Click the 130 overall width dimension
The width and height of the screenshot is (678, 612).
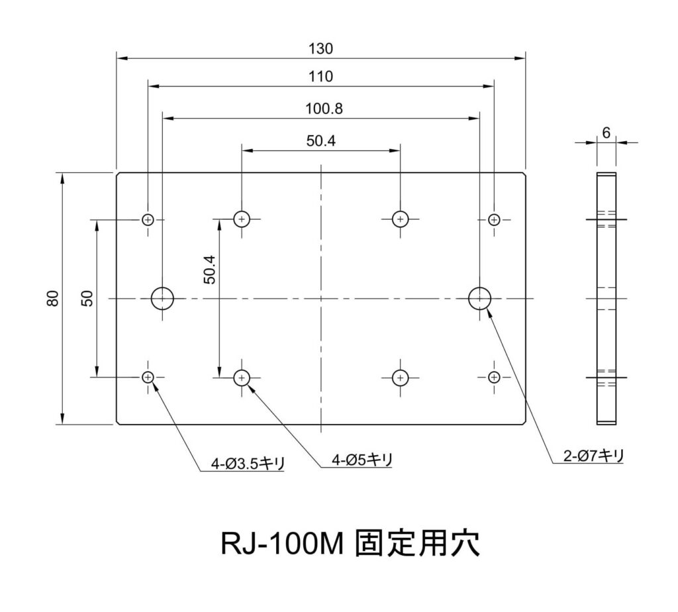point(321,49)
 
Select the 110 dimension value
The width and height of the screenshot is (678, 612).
point(321,77)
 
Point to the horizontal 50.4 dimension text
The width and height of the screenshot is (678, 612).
point(321,140)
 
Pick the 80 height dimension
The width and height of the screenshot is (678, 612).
point(54,299)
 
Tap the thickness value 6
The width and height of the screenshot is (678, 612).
point(606,132)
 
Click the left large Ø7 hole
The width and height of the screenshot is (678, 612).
point(162,298)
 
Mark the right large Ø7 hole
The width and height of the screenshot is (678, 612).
point(479,298)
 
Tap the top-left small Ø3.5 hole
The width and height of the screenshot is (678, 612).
point(148,219)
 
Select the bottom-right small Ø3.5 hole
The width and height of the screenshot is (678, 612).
point(494,378)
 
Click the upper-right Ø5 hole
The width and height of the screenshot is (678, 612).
point(400,219)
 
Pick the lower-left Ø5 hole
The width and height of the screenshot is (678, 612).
point(242,378)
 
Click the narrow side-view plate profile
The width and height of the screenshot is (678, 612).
point(606,298)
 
